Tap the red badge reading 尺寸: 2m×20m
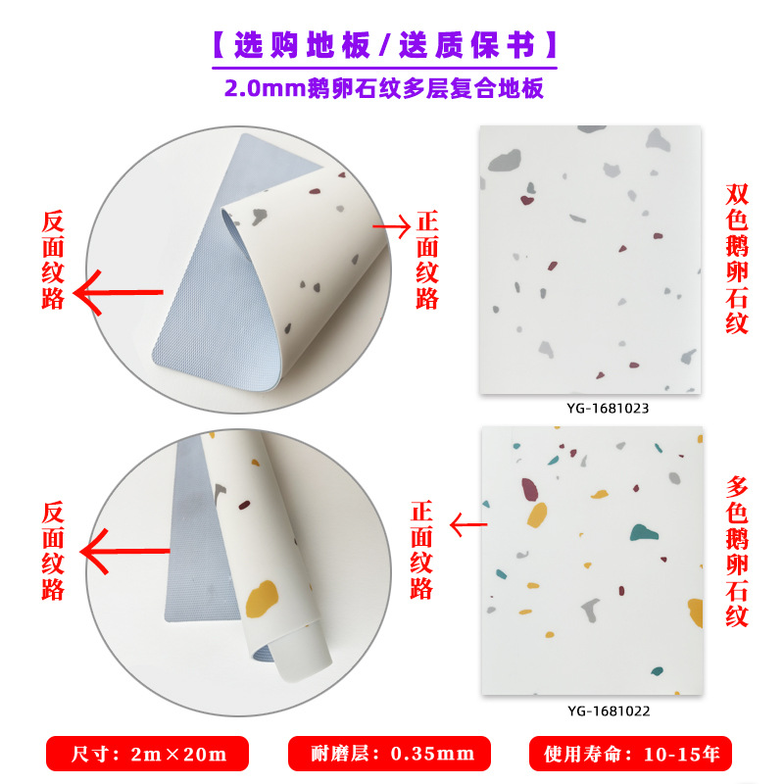tap(148, 754)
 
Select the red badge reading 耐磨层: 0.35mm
tap(388, 754)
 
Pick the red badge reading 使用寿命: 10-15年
tap(629, 754)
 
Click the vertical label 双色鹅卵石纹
tap(738, 259)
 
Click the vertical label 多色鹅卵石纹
tap(738, 552)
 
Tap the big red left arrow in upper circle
tap(120, 292)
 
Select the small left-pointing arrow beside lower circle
tap(467, 525)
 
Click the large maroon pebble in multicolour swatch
tap(530, 487)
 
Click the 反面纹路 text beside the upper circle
tap(53, 260)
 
